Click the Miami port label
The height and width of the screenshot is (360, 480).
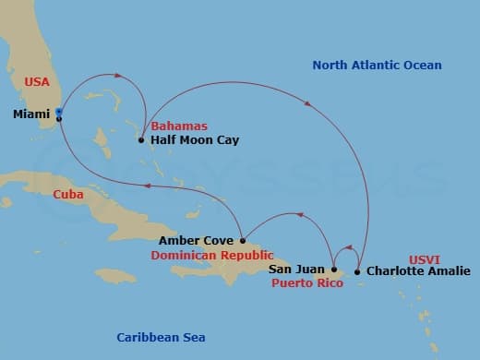[x=32, y=114]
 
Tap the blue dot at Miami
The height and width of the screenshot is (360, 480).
[x=59, y=112]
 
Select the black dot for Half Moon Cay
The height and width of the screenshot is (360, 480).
[x=141, y=140]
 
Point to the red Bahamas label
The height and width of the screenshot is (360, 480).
[x=179, y=126]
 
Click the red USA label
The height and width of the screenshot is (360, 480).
[x=37, y=82]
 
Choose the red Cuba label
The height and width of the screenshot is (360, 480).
[x=42, y=194]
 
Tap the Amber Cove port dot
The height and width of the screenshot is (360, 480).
[x=243, y=241]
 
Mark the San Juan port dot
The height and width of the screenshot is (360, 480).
[x=334, y=270]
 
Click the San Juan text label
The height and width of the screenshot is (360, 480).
[x=297, y=270]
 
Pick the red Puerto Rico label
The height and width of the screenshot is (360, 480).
[x=307, y=283]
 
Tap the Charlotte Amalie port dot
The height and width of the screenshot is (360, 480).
[x=358, y=271]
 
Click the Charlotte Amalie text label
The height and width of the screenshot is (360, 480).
[x=418, y=271]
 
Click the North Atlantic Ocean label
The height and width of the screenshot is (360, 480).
[x=377, y=66]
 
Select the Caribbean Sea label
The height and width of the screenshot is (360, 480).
[x=161, y=337]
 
